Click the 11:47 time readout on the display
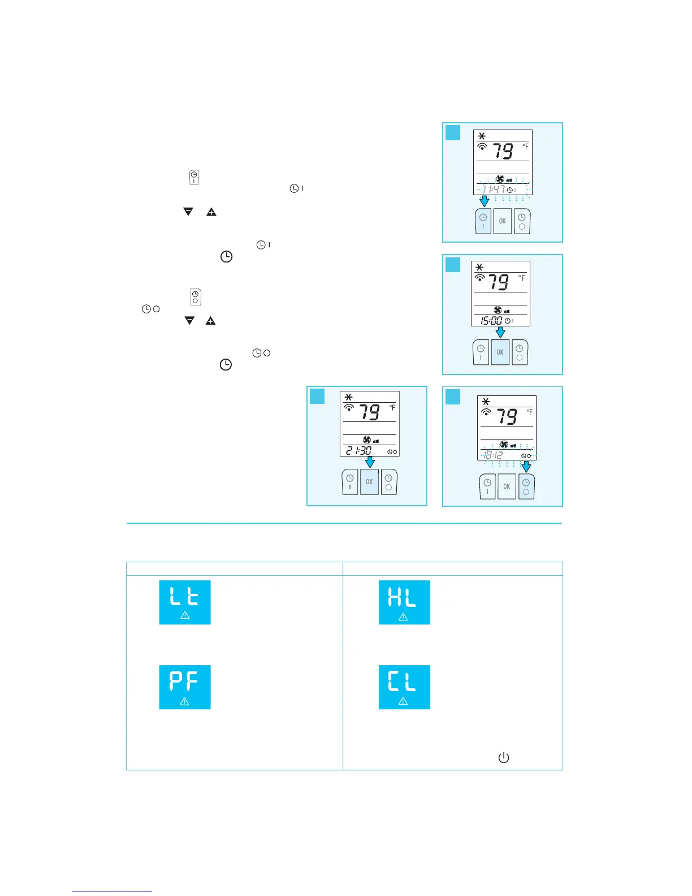[494, 189]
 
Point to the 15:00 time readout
[491, 321]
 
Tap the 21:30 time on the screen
[359, 450]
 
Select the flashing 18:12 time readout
[493, 455]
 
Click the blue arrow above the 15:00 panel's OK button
[500, 333]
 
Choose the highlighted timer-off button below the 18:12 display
[526, 486]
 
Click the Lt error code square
[185, 602]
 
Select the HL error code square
[404, 602]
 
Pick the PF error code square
[185, 687]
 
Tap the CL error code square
[404, 687]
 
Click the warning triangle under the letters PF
[184, 701]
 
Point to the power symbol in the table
[503, 757]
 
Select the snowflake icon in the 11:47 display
[482, 136]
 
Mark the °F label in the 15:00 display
[522, 278]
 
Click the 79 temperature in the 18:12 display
[506, 417]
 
